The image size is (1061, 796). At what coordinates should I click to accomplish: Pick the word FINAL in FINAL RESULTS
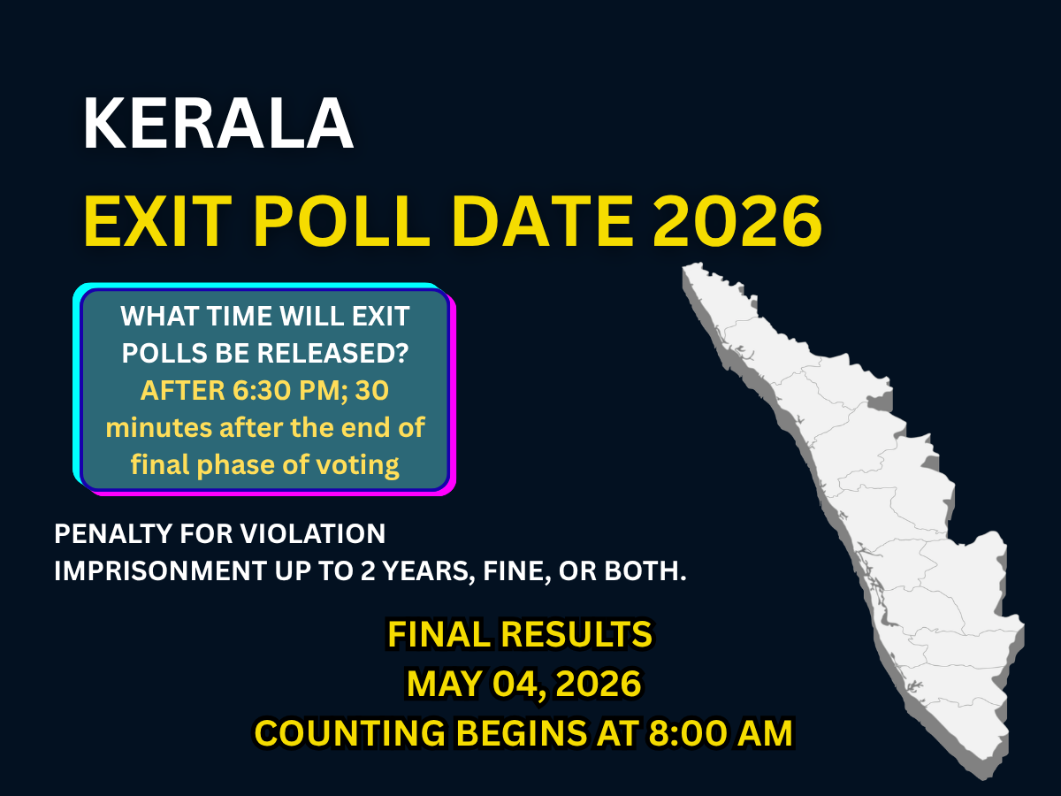click(x=439, y=634)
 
